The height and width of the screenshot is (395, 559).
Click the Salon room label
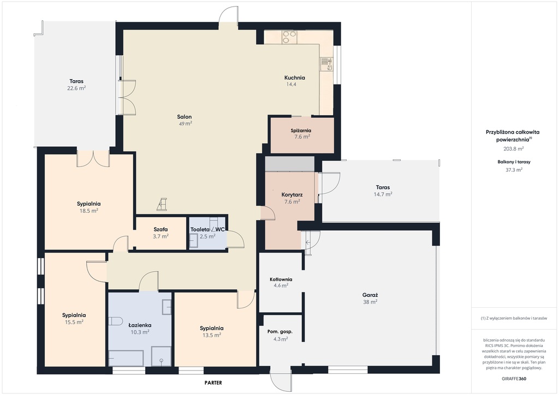pyautogui.click(x=185, y=117)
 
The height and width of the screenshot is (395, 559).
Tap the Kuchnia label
pyautogui.click(x=294, y=77)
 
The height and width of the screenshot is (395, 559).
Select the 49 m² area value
pyautogui.click(x=186, y=124)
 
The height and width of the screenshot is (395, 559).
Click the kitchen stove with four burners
pyautogui.click(x=289, y=37)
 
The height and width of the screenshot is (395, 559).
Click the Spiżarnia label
pyautogui.click(x=301, y=130)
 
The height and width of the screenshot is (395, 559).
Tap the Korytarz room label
pyautogui.click(x=292, y=195)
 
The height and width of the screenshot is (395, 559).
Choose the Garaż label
pyautogui.click(x=370, y=295)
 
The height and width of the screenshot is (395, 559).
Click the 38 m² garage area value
pyautogui.click(x=370, y=302)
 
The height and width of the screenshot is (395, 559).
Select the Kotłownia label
pyautogui.click(x=281, y=279)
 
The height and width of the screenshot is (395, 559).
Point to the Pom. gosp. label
pyautogui.click(x=280, y=332)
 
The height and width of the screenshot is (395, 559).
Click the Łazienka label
pyautogui.click(x=140, y=325)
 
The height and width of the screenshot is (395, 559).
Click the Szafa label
pyautogui.click(x=160, y=229)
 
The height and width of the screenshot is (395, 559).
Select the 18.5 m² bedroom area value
pyautogui.click(x=89, y=211)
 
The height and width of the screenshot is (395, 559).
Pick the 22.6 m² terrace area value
pyautogui.click(x=76, y=88)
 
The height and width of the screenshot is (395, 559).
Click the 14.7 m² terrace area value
pyautogui.click(x=383, y=194)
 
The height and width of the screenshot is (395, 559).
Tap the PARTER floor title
pyautogui.click(x=213, y=382)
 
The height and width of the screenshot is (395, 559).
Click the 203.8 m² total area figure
pyautogui.click(x=513, y=149)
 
